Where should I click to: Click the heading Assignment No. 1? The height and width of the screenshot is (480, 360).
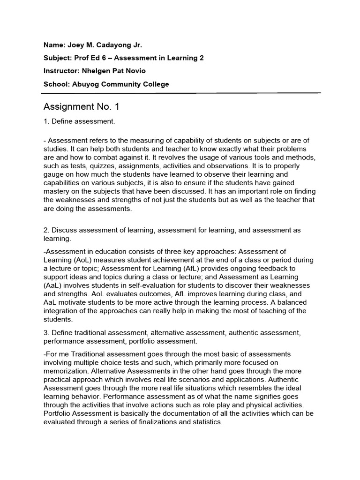pos(81,107)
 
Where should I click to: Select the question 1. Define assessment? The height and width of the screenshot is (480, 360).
pos(79,122)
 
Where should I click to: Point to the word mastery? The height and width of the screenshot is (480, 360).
pos(56,191)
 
